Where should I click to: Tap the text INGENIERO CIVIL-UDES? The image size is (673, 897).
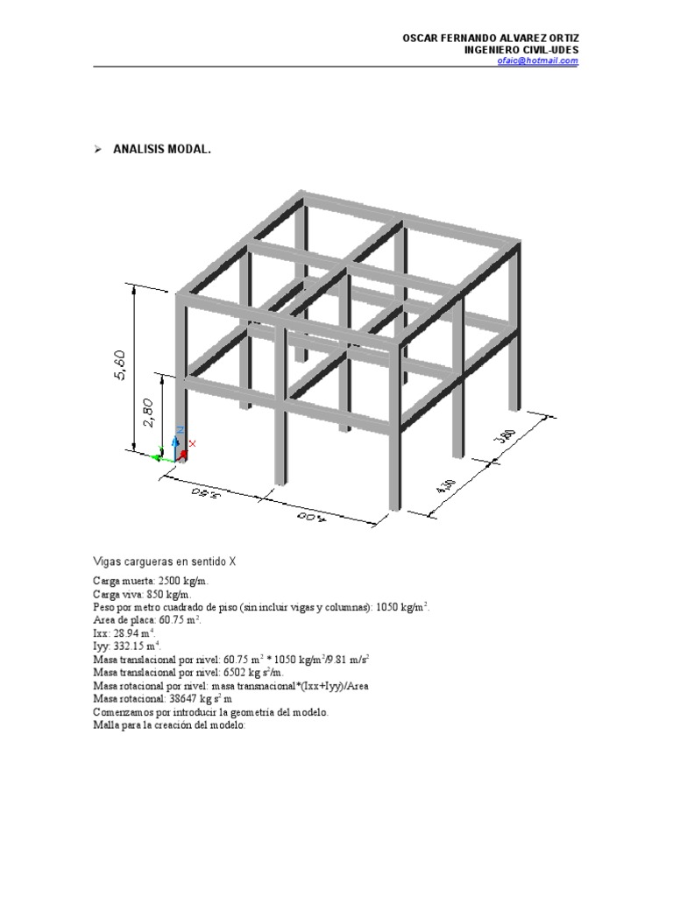[x=521, y=50]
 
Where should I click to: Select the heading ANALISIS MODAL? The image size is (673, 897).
[x=162, y=150]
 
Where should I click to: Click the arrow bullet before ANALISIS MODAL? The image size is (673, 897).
[x=98, y=150]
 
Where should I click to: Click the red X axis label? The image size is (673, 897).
[x=193, y=444]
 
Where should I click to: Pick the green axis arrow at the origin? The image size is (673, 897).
[x=160, y=456]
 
